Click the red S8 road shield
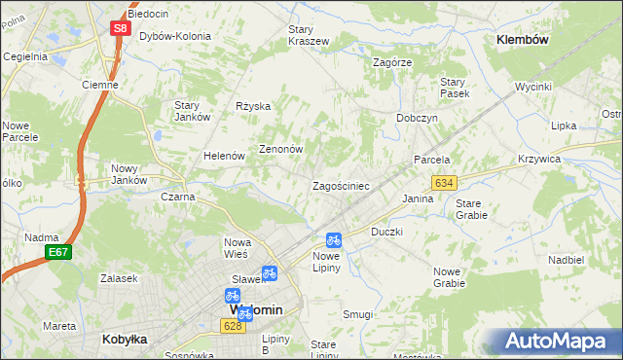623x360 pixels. [120, 28]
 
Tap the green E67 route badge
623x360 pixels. [57, 252]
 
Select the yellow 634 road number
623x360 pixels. [444, 183]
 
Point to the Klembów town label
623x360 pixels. [523, 40]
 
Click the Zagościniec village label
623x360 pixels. [339, 186]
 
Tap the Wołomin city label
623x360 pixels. [255, 310]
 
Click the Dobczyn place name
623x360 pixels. [417, 117]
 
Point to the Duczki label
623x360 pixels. [386, 233]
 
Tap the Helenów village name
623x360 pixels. [223, 156]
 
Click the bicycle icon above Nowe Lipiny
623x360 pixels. [333, 239]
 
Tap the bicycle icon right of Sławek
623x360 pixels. [270, 273]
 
